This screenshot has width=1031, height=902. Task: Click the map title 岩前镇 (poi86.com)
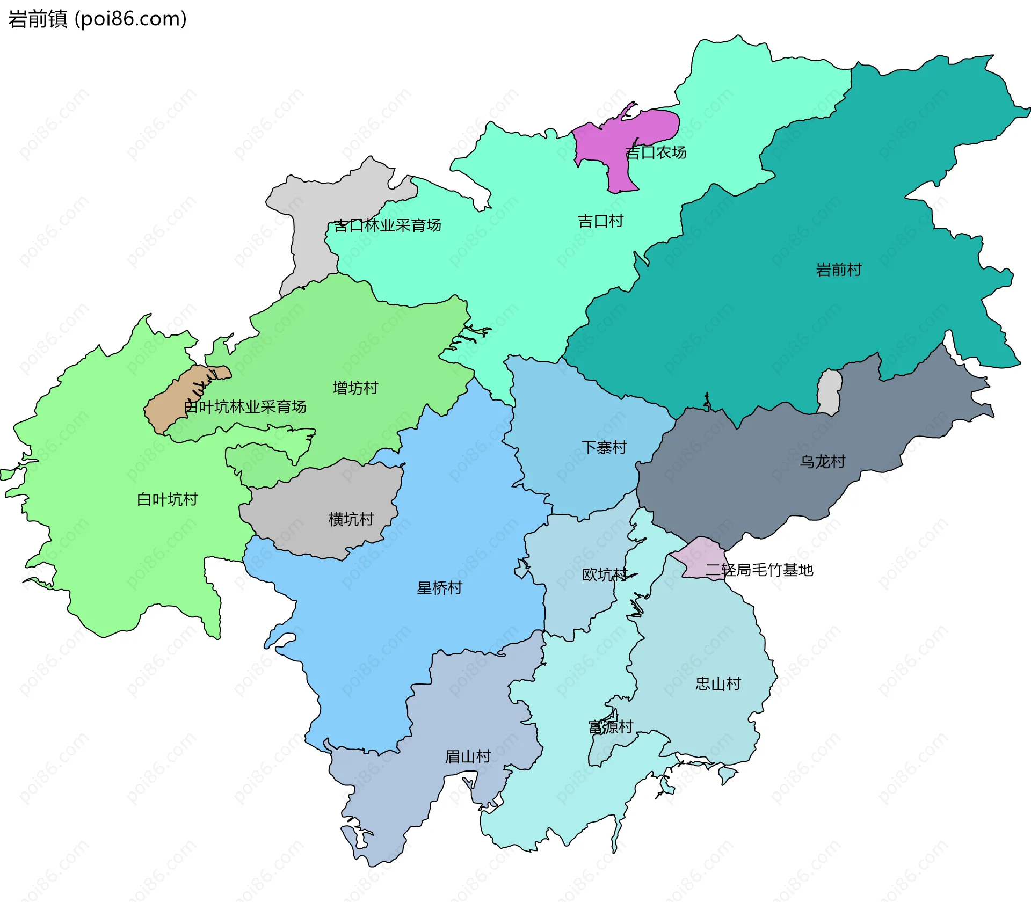pyautogui.click(x=97, y=19)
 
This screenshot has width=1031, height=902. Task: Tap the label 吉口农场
pyautogui.click(x=656, y=153)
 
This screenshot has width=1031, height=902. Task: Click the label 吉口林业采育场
pyautogui.click(x=387, y=225)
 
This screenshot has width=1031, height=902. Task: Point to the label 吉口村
pyautogui.click(x=600, y=221)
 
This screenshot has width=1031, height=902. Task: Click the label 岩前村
pyautogui.click(x=838, y=270)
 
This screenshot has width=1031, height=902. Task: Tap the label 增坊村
pyautogui.click(x=355, y=388)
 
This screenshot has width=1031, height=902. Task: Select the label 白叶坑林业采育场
pyautogui.click(x=245, y=407)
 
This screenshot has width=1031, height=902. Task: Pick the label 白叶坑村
pyautogui.click(x=167, y=500)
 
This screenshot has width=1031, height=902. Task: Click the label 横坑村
pyautogui.click(x=351, y=519)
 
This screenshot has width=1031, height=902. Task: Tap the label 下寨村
pyautogui.click(x=604, y=448)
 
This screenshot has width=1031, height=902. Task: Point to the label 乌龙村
pyautogui.click(x=822, y=462)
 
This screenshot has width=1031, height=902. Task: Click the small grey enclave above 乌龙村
pyautogui.click(x=830, y=392)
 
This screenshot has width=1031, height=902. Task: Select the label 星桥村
pyautogui.click(x=439, y=588)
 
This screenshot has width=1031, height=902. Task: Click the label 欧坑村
pyautogui.click(x=605, y=574)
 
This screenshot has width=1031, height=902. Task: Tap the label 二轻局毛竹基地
pyautogui.click(x=759, y=570)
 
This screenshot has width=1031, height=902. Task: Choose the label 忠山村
pyautogui.click(x=718, y=684)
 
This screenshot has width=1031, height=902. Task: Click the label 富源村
pyautogui.click(x=611, y=727)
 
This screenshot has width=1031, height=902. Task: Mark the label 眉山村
pyautogui.click(x=468, y=756)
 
